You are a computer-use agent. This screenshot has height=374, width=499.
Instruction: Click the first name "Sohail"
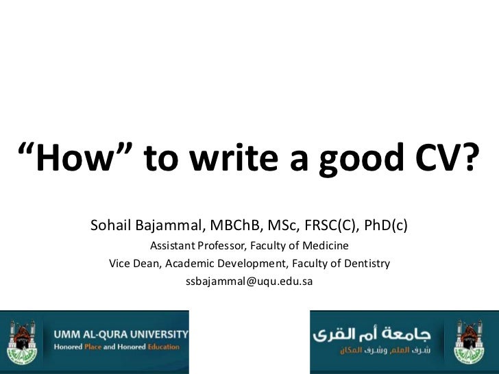(x=111, y=225)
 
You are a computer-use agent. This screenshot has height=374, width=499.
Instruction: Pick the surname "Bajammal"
(x=170, y=225)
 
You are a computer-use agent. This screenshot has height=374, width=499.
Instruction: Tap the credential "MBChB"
(x=235, y=225)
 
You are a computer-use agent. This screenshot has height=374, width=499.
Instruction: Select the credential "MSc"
(x=284, y=225)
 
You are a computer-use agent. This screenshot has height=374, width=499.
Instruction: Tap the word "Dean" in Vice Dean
(x=147, y=264)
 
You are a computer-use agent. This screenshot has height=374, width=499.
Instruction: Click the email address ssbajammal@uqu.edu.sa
(x=249, y=282)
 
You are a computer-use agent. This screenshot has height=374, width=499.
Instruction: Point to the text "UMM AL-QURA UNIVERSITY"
(x=121, y=334)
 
